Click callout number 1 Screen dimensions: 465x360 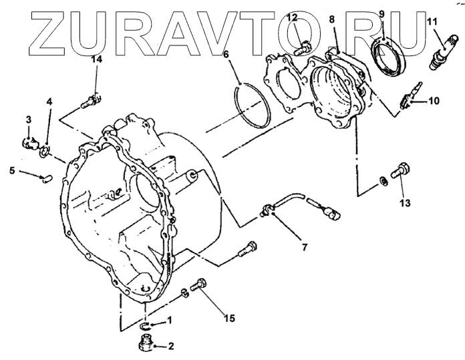coord(170,320)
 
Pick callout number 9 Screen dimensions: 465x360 coord(381,14)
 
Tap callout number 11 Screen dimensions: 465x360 coord(432,22)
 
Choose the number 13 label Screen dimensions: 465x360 coord(406,200)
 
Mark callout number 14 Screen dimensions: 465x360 coord(98,60)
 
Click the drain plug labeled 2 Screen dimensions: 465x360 coord(145,345)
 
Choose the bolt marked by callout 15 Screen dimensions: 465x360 coord(198,286)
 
